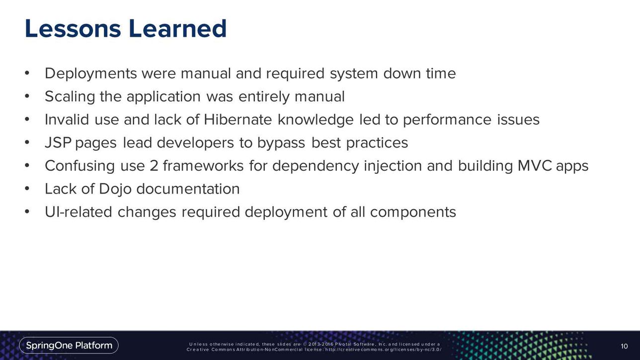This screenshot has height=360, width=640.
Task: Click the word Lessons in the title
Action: pyautogui.click(x=73, y=28)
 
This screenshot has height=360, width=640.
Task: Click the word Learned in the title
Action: pyautogui.click(x=177, y=28)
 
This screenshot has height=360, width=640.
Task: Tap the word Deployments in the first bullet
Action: pyautogui.click(x=91, y=74)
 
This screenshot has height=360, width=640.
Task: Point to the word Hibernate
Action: pyautogui.click(x=238, y=119)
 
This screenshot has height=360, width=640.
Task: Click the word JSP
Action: pyautogui.click(x=58, y=143)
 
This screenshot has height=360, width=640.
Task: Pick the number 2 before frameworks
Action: pyautogui.click(x=154, y=166)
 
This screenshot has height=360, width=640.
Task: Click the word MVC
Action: pyautogui.click(x=535, y=165)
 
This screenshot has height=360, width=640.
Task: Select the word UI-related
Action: pyautogui.click(x=79, y=212)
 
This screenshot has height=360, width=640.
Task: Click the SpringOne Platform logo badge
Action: pyautogui.click(x=69, y=346)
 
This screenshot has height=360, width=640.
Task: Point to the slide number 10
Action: pyautogui.click(x=624, y=346)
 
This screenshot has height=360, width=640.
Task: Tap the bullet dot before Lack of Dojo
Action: pyautogui.click(x=27, y=188)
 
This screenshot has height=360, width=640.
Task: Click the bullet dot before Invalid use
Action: pyautogui.click(x=27, y=119)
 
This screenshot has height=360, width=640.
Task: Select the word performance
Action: pyautogui.click(x=447, y=120)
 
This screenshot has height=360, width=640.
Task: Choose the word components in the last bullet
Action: pyautogui.click(x=413, y=213)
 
